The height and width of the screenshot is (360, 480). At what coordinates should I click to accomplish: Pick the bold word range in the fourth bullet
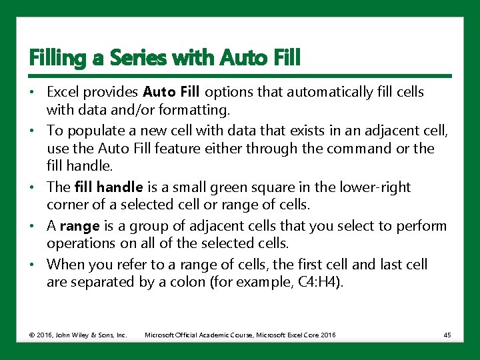[x=79, y=225]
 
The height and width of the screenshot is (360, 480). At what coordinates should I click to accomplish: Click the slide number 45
[x=447, y=335]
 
